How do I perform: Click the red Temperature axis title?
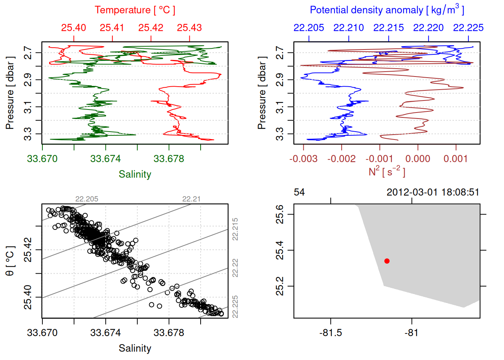tap(135, 10)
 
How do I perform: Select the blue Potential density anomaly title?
tap(387, 10)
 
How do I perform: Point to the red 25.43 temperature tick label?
tap(189, 28)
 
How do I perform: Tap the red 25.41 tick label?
tap(112, 28)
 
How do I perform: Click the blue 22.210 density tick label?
tap(348, 28)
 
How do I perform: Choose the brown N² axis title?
tap(387, 171)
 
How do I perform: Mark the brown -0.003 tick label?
tap(303, 159)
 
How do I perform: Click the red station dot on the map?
tap(387, 261)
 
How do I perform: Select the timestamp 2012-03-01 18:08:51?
tap(433, 192)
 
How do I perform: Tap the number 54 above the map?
tap(299, 192)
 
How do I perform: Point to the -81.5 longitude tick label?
tap(330, 333)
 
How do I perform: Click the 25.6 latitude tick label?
tap(280, 214)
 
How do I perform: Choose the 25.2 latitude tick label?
tap(280, 286)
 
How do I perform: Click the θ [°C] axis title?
tap(10, 261)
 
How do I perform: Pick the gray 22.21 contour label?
tap(191, 199)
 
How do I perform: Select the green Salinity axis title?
tap(135, 174)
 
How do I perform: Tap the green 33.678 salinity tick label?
tap(169, 159)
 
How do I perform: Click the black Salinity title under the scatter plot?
tap(135, 348)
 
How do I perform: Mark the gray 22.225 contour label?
tap(235, 307)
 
